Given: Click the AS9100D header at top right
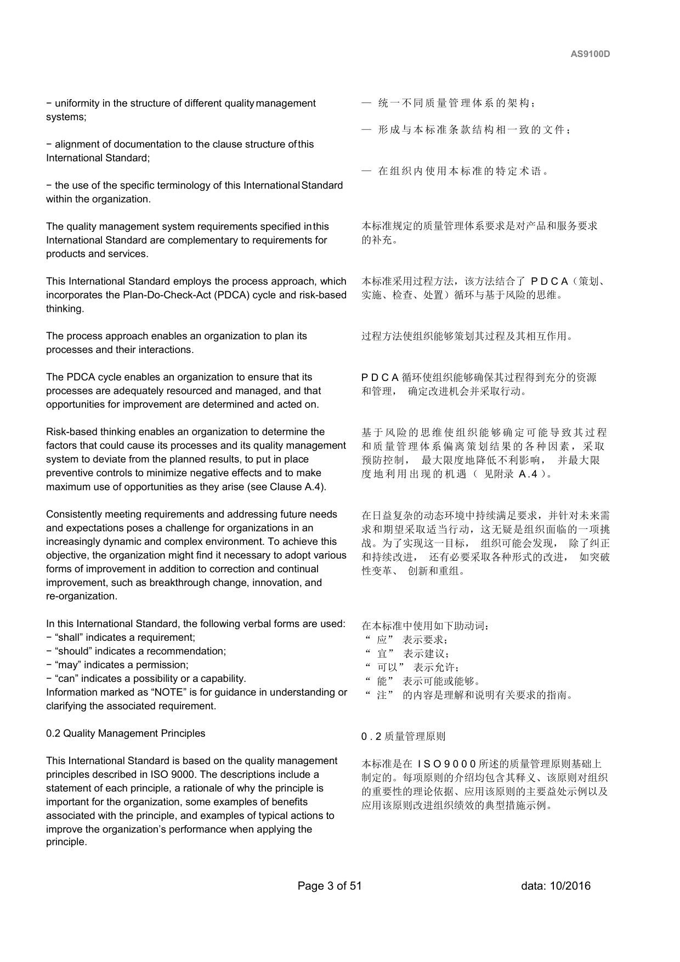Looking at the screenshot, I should tap(590, 54).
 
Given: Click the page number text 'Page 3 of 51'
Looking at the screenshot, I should tap(330, 886).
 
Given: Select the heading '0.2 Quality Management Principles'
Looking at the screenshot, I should tap(126, 733).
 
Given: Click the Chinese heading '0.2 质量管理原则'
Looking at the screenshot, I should tap(403, 737).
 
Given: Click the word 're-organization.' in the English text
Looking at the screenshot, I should tap(81, 596).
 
